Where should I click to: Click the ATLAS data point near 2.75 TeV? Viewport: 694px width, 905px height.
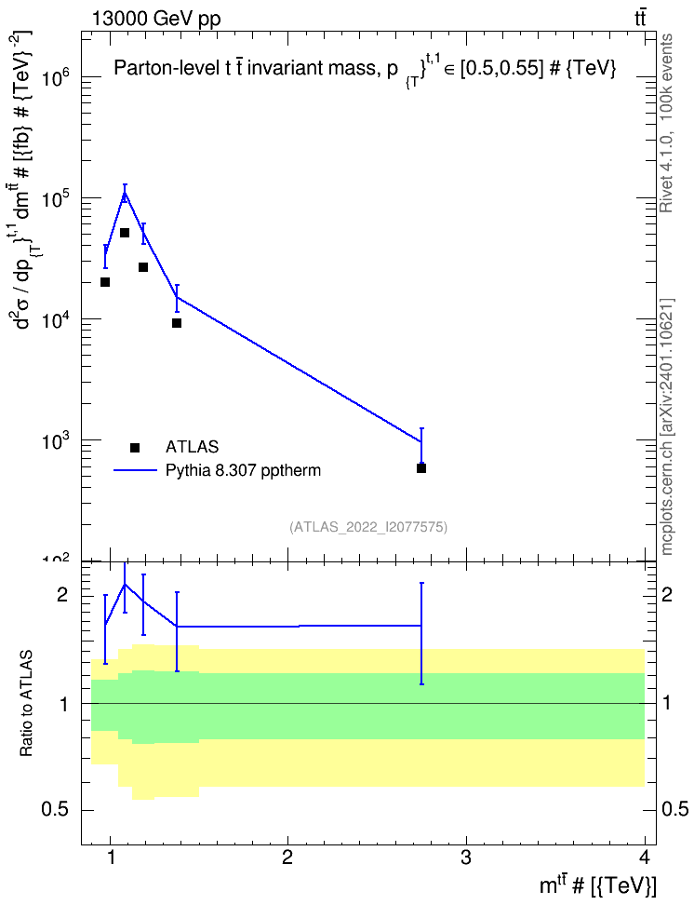tap(421, 468)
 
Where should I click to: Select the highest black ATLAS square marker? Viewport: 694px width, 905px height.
tap(124, 233)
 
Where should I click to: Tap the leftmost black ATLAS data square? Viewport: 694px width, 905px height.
tap(105, 282)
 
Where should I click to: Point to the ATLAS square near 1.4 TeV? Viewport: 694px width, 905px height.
tap(177, 323)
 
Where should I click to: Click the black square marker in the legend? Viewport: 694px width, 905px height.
tap(135, 447)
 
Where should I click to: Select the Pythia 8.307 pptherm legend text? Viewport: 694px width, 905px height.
tap(243, 470)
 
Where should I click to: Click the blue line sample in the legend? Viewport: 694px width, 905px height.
tap(135, 470)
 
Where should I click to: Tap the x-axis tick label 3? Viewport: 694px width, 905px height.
tap(465, 858)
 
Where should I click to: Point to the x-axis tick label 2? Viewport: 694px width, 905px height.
tap(287, 858)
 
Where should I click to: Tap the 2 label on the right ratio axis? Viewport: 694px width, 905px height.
tap(667, 594)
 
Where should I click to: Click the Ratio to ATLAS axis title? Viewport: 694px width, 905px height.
tap(26, 703)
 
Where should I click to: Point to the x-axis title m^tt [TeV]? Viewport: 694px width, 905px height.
tap(597, 885)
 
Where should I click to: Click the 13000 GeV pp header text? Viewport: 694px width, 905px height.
tap(156, 19)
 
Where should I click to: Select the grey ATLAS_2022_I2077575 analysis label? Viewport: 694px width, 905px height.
tap(368, 526)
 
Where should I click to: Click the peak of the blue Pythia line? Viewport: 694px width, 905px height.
tap(124, 193)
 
